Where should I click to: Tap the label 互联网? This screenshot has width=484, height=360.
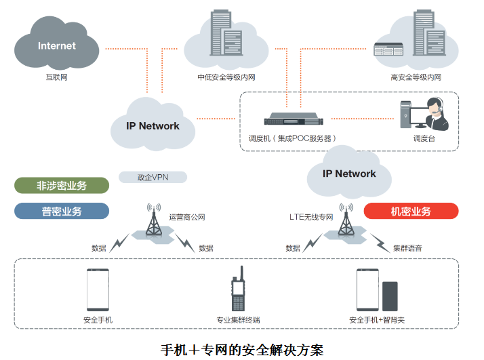click(56, 77)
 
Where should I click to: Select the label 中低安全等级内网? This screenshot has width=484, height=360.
click(226, 77)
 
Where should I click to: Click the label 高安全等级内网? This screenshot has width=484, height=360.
click(416, 77)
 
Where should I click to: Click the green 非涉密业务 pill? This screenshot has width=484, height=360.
click(62, 185)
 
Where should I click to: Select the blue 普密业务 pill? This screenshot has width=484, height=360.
click(62, 211)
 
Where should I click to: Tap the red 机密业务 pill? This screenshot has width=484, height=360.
click(411, 211)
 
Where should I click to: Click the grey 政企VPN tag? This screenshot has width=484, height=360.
click(153, 177)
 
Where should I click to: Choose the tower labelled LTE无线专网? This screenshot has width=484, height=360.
click(346, 221)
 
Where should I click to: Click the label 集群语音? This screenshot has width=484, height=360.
click(407, 248)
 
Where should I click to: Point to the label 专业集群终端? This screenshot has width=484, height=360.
click(238, 320)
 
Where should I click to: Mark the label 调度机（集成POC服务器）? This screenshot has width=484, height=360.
click(292, 138)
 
